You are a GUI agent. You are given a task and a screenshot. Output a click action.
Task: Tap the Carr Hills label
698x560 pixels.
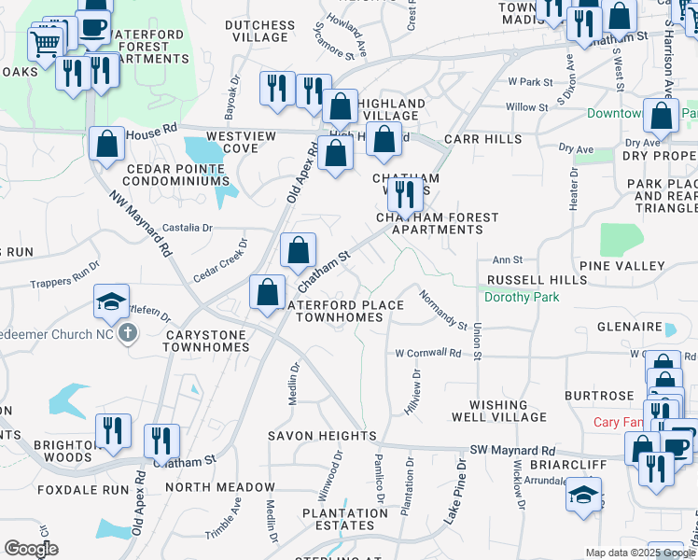click(483, 138)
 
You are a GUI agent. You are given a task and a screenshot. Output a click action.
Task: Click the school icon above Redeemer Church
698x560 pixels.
click(111, 301)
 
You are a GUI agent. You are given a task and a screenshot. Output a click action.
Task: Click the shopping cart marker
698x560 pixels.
click(46, 42)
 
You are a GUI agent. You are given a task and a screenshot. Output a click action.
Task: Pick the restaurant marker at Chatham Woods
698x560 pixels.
click(403, 192)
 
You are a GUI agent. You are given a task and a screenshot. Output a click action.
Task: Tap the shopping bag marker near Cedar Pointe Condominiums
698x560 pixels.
click(106, 144)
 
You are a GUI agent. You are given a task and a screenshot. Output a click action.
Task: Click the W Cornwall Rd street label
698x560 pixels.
click(427, 354)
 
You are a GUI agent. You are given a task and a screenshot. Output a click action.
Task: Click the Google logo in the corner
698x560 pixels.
click(31, 549)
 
